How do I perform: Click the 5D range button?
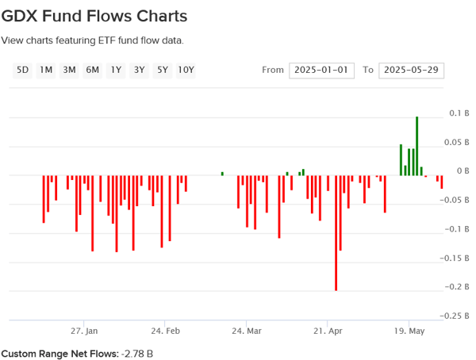click(x=22, y=70)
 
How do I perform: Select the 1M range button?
click(x=46, y=70)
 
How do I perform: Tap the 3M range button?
click(x=69, y=70)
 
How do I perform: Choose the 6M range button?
click(x=93, y=70)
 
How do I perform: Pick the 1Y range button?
click(x=116, y=70)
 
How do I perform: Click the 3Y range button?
click(x=140, y=70)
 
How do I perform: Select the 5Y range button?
click(x=163, y=70)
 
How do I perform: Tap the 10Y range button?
click(x=186, y=70)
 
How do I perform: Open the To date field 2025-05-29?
click(x=411, y=70)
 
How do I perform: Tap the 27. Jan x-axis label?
click(x=84, y=331)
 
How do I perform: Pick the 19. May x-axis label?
click(x=409, y=331)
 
